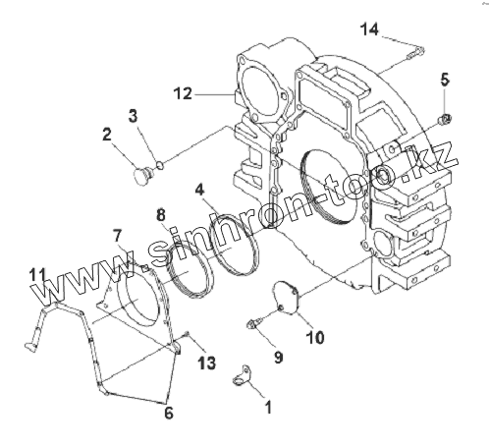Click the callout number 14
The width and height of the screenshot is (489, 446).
point(370,29)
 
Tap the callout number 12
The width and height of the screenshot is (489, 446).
point(183,93)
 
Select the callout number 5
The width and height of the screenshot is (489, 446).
point(445,80)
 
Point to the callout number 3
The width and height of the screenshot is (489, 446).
point(133,116)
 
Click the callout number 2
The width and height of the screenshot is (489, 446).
point(107,135)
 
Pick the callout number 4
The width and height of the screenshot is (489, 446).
point(199,190)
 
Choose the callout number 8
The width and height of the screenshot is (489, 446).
point(161,215)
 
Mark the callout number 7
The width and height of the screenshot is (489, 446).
point(118,236)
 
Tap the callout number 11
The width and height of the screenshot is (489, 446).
point(37,275)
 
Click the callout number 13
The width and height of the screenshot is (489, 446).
point(207,362)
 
